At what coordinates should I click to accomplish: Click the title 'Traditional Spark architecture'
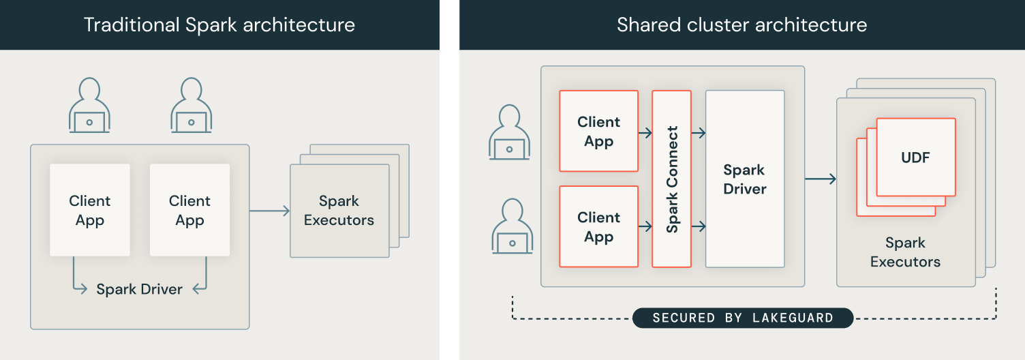(219, 25)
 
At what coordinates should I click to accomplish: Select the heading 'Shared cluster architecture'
(741, 25)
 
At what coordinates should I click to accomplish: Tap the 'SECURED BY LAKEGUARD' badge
(743, 318)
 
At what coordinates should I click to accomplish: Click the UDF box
(915, 157)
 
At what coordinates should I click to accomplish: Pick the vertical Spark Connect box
(672, 179)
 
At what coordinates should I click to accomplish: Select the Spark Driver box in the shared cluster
(745, 179)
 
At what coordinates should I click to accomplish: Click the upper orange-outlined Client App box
(598, 131)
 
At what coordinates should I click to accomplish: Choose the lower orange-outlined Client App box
(598, 226)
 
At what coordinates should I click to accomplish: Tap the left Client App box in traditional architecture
(90, 210)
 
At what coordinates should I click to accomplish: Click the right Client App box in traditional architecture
(189, 210)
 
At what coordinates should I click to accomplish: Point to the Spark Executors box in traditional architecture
(339, 211)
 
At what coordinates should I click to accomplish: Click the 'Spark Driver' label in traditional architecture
(139, 289)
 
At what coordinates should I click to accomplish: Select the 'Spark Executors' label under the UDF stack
(905, 252)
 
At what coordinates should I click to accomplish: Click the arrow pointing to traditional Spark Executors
(270, 211)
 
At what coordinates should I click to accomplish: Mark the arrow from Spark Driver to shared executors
(821, 179)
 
